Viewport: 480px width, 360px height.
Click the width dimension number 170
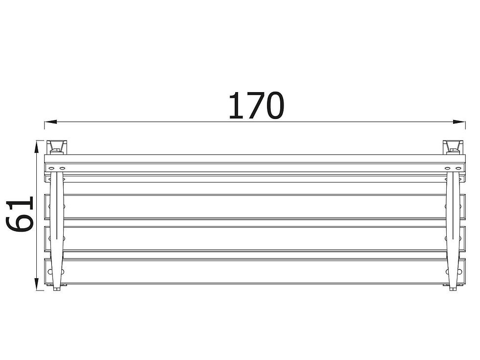pyautogui.click(x=257, y=106)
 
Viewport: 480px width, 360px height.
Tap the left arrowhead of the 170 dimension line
pyautogui.click(x=51, y=122)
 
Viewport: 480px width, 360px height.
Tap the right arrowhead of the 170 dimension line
pyautogui.click(x=459, y=122)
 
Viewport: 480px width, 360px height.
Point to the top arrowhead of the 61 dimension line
pyautogui.click(x=36, y=146)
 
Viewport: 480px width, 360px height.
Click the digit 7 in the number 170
pyautogui.click(x=252, y=106)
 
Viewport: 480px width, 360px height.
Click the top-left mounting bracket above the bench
pyautogui.click(x=57, y=147)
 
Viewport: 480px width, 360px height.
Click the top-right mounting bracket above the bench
pyautogui.click(x=454, y=147)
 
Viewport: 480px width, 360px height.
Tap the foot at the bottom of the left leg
pyautogui.click(x=57, y=288)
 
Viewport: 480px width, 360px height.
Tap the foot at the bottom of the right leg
pyautogui.click(x=454, y=288)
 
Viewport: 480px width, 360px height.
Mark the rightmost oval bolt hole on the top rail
pyautogui.click(x=458, y=168)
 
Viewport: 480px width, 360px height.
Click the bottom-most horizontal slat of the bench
pyautogui.click(x=255, y=271)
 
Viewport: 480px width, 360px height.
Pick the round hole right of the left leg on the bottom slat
pyautogui.click(x=63, y=271)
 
